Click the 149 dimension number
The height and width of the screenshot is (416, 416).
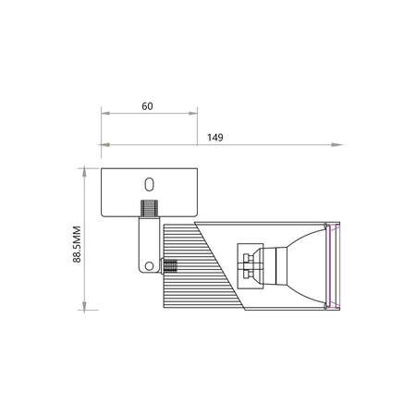point(214,137)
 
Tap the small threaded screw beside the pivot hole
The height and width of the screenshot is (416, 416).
point(169,268)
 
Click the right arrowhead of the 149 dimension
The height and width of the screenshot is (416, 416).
point(336,145)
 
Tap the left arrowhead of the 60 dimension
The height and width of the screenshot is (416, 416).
point(104,114)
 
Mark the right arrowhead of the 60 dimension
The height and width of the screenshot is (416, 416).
point(194,114)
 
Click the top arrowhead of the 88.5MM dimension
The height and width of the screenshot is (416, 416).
point(86,169)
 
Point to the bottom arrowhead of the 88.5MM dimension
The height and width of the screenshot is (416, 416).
point(86,307)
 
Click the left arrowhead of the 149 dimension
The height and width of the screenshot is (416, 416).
point(104,145)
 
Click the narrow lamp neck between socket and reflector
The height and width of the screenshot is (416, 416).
point(271,263)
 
